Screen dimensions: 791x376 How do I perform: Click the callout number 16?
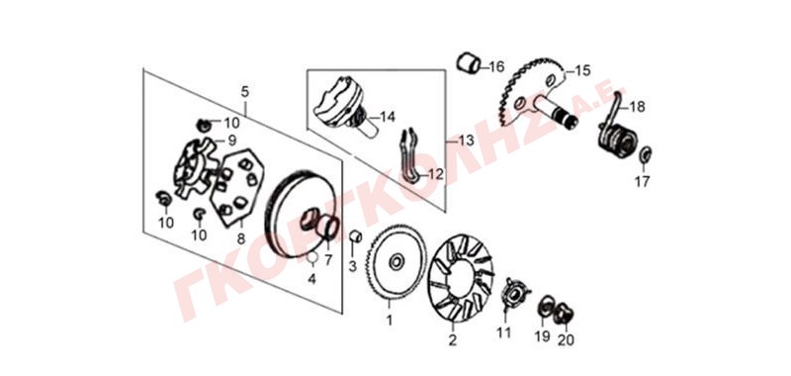(496, 66)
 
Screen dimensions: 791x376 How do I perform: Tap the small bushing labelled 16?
(468, 63)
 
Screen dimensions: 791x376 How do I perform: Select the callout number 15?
(581, 70)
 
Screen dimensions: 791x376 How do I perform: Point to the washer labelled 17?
(646, 154)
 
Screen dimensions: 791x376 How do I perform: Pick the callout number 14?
(387, 118)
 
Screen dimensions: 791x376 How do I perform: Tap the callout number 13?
(466, 141)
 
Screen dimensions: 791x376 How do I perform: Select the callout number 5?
(244, 92)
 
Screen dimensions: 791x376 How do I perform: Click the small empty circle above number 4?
(312, 258)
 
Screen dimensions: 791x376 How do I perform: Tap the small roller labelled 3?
(355, 235)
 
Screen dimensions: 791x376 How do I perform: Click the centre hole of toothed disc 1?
(396, 261)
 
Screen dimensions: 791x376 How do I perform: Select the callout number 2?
(453, 340)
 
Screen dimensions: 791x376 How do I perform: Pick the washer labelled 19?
(546, 306)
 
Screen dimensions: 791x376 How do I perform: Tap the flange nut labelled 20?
(564, 314)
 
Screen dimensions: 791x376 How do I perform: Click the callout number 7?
(328, 260)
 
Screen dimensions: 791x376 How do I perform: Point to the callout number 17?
(642, 181)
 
